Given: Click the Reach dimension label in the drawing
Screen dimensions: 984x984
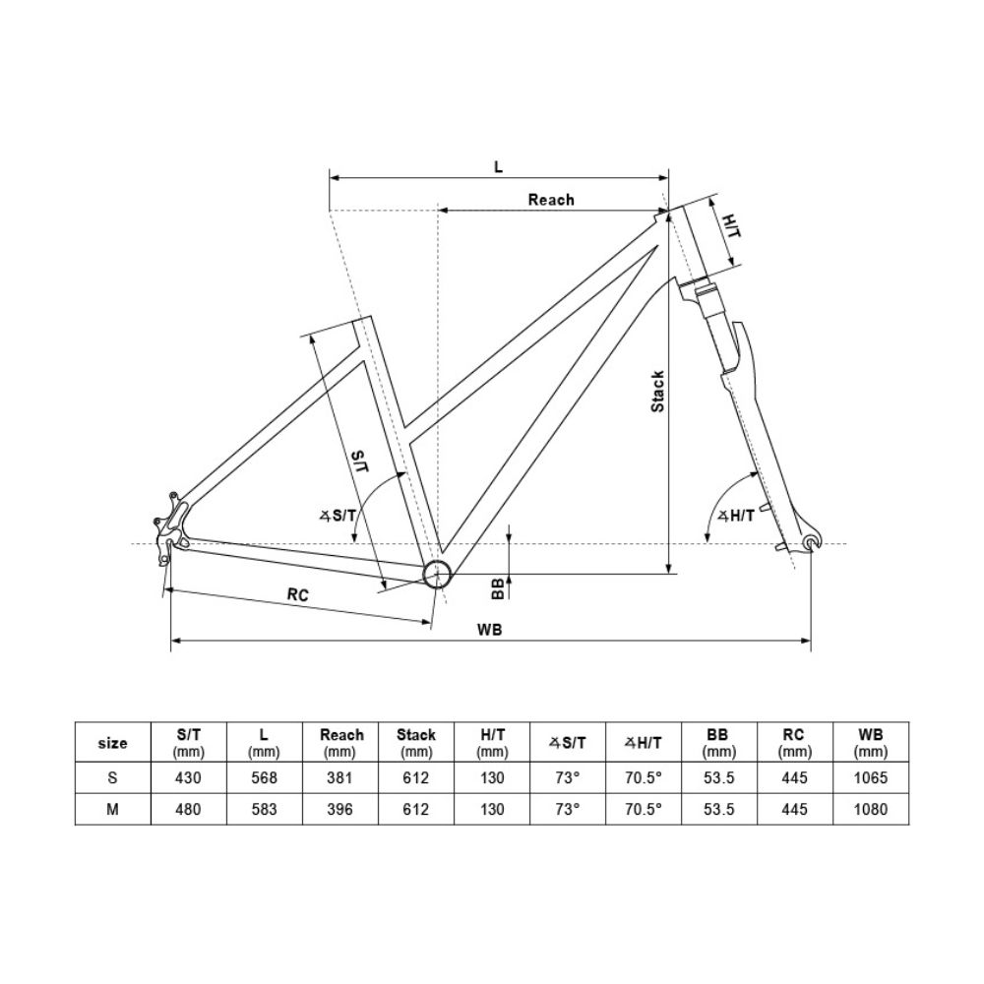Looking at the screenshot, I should click(550, 200).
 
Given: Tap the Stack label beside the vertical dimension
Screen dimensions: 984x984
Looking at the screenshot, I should click(658, 391).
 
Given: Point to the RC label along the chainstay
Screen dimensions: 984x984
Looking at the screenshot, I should click(299, 594).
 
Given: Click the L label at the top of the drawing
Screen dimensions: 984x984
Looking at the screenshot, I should click(498, 166).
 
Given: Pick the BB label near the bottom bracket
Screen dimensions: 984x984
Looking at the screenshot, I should click(498, 588).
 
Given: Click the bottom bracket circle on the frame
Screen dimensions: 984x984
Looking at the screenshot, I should click(436, 574).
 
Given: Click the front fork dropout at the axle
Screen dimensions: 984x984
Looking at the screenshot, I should click(811, 543).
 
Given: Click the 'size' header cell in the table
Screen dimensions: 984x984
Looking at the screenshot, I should click(113, 743).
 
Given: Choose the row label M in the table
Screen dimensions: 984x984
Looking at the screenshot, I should click(113, 810).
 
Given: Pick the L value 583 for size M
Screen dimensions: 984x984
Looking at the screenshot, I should click(264, 810).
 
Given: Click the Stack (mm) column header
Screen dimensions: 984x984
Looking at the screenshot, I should click(415, 743).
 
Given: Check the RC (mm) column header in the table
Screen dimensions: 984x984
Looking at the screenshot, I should click(794, 743).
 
